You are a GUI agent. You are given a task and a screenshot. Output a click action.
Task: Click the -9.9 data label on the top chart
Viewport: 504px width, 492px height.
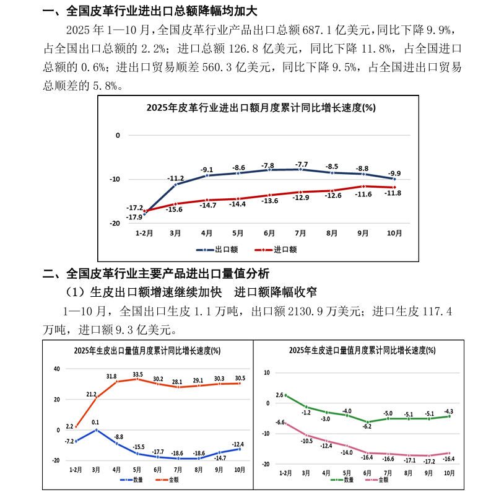[395, 174]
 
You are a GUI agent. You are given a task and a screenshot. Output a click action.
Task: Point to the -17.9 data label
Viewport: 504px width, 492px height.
[135, 217]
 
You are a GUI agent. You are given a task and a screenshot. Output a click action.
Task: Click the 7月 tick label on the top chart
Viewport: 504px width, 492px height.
[300, 234]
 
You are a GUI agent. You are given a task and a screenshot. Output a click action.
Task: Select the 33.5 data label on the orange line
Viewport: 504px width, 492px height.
[137, 374]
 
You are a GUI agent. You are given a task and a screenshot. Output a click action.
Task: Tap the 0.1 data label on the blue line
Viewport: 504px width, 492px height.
[95, 423]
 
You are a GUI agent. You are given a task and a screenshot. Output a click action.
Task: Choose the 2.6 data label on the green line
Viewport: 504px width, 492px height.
[279, 395]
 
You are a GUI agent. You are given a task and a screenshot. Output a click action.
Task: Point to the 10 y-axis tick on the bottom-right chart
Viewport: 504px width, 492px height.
[267, 372]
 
